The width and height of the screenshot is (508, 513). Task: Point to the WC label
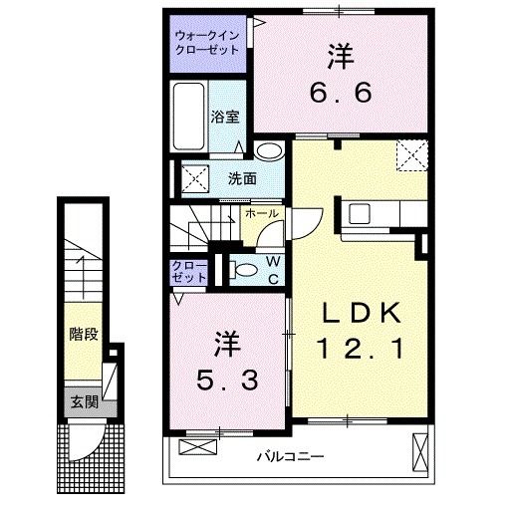click(x=271, y=268)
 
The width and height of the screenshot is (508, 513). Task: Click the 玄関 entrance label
click(x=83, y=402)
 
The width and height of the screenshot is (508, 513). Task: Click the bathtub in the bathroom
click(x=188, y=119)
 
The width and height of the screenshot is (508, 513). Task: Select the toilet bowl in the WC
click(x=241, y=268)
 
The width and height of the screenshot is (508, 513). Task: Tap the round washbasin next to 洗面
click(x=268, y=151)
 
